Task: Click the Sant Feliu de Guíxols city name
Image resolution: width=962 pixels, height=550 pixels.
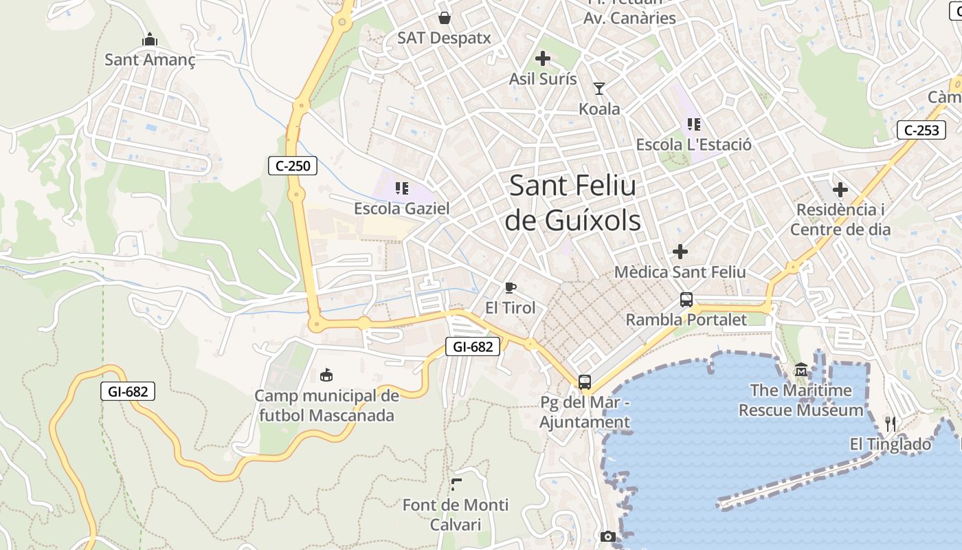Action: pyautogui.click(x=572, y=203)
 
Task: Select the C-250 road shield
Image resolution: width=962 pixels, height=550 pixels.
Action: pyautogui.click(x=293, y=166)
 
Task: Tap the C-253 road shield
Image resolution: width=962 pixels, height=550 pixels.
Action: pyautogui.click(x=921, y=130)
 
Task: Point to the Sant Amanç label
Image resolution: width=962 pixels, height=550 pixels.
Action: pyautogui.click(x=150, y=60)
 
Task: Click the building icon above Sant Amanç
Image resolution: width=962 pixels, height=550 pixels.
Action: pyautogui.click(x=150, y=40)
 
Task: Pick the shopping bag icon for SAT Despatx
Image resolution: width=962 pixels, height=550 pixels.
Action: pyautogui.click(x=445, y=17)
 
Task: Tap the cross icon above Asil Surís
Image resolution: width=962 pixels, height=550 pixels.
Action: pyautogui.click(x=543, y=58)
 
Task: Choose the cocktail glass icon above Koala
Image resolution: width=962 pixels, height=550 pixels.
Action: pyautogui.click(x=599, y=89)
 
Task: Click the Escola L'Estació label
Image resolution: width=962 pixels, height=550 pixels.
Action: pyautogui.click(x=693, y=145)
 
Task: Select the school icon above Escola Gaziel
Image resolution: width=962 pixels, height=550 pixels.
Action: pyautogui.click(x=402, y=188)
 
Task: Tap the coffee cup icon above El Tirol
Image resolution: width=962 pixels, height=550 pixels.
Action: pyautogui.click(x=510, y=287)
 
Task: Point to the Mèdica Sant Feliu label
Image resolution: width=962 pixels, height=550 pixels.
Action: pyautogui.click(x=680, y=272)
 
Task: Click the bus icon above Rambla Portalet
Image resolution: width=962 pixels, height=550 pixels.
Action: pyautogui.click(x=686, y=300)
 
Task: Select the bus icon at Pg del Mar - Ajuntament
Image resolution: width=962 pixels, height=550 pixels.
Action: pyautogui.click(x=585, y=382)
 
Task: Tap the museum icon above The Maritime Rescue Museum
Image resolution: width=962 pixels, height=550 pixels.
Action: pyautogui.click(x=801, y=371)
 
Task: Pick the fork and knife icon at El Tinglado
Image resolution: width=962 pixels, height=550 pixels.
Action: pyautogui.click(x=891, y=423)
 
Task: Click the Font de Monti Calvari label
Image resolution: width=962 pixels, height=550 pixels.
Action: pyautogui.click(x=456, y=514)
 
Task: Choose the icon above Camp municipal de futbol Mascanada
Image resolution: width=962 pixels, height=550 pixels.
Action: pyautogui.click(x=326, y=375)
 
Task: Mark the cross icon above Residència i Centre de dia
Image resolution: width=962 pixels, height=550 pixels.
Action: pyautogui.click(x=840, y=190)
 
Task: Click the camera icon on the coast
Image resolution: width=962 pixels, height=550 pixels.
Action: pyautogui.click(x=607, y=536)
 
